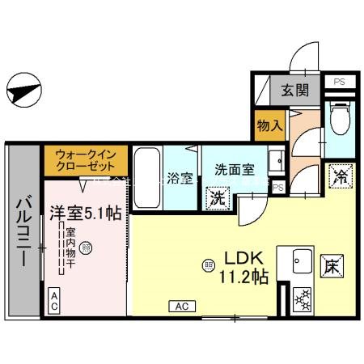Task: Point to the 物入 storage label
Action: click(269, 126)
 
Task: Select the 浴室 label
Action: click(180, 177)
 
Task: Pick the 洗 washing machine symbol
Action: click(217, 197)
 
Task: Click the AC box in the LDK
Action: click(181, 306)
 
